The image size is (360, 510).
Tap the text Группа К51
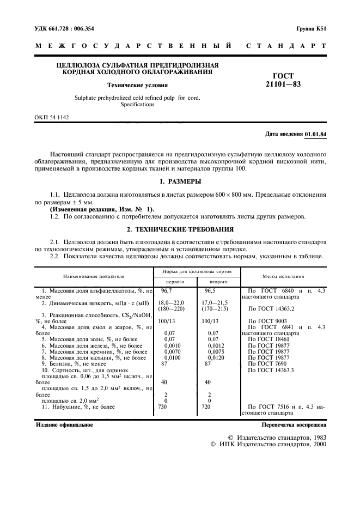(x=311, y=27)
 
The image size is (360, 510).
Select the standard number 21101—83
(x=283, y=84)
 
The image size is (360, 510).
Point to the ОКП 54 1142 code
(x=52, y=117)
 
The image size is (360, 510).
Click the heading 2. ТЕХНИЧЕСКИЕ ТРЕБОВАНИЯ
(x=180, y=229)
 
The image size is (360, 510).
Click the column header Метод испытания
(x=283, y=276)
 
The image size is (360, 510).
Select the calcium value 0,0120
(x=210, y=357)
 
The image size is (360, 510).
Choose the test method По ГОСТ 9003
(x=270, y=321)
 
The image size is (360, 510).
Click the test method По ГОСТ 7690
(x=270, y=363)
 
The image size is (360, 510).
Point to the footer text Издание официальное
(x=64, y=424)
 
